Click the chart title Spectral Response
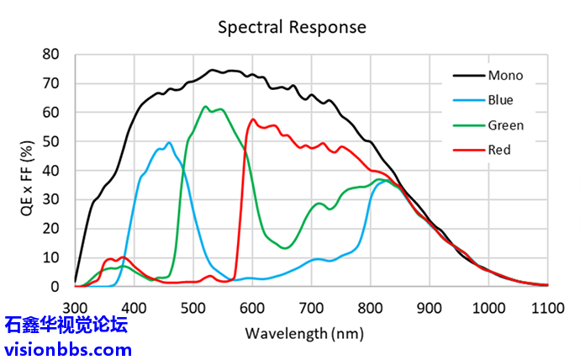click(x=292, y=27)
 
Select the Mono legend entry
click(x=505, y=75)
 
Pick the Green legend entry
click(x=505, y=125)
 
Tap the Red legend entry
click(x=498, y=151)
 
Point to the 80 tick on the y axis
click(x=51, y=55)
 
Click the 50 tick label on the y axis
click(x=51, y=141)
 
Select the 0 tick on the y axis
click(x=55, y=286)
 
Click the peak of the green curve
click(x=205, y=107)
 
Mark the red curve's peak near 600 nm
click(x=253, y=119)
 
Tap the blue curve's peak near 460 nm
click(x=169, y=143)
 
